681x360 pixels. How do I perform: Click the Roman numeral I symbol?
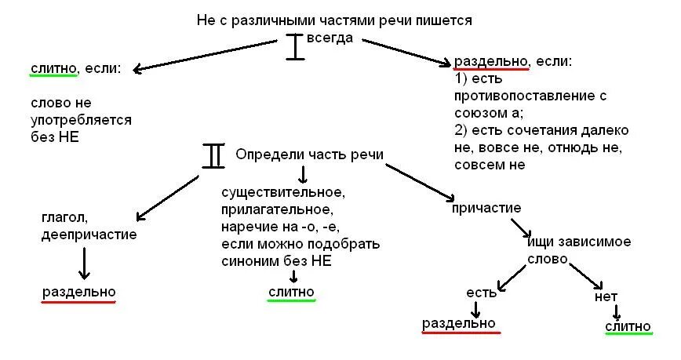coord(294,46)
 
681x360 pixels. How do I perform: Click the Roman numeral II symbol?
coord(213,155)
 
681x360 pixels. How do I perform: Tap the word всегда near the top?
coord(330,37)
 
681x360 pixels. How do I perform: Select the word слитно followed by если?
coord(53,68)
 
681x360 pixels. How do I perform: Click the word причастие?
coord(486,208)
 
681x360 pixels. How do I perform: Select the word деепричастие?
coord(89,234)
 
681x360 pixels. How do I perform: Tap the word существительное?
coord(284,191)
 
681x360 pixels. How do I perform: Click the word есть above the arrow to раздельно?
coord(482,293)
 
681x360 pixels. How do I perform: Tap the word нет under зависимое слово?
coord(606,297)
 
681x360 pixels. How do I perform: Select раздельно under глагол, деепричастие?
coord(78,292)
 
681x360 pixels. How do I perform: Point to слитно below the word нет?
coord(628,325)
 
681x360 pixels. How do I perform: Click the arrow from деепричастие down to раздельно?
coord(85,263)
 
